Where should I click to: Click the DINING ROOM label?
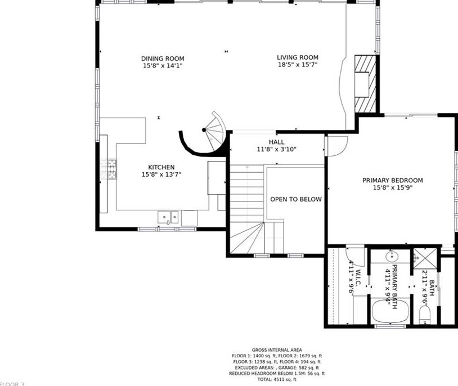[163, 59]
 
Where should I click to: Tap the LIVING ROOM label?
[298, 57]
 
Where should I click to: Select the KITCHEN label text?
[161, 167]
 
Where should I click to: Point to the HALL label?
[276, 142]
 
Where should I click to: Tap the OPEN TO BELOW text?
[296, 199]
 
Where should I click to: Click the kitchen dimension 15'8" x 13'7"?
[161, 174]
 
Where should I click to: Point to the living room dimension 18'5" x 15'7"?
[298, 65]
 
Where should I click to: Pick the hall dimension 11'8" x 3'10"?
[276, 150]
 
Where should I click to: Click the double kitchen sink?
[168, 217]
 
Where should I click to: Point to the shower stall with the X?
[425, 257]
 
